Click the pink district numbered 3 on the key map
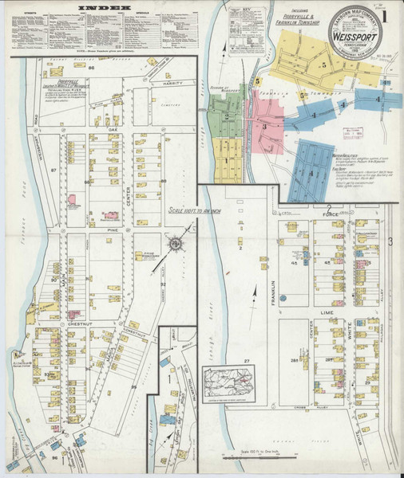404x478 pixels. tap(263, 125)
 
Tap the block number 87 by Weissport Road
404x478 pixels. tap(53, 170)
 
